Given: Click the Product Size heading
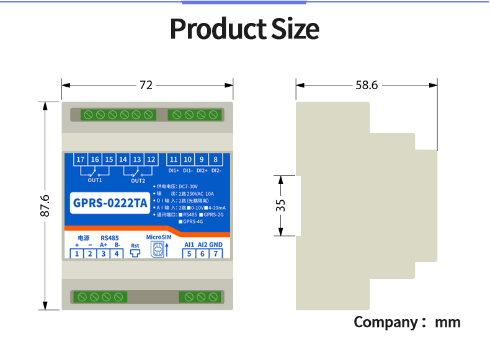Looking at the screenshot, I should pyautogui.click(x=244, y=29).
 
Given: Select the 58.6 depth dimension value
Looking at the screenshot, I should pyautogui.click(x=367, y=85).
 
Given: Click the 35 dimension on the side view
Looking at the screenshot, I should pyautogui.click(x=281, y=205).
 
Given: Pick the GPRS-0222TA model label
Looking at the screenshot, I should pyautogui.click(x=110, y=202).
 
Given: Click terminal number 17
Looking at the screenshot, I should pyautogui.click(x=80, y=159).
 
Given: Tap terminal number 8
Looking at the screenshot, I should pyautogui.click(x=216, y=159).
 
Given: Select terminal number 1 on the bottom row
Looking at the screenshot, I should pyautogui.click(x=76, y=253).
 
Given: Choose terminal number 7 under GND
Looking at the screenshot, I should pyautogui.click(x=216, y=253).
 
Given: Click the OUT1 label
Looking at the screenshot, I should pyautogui.click(x=94, y=180).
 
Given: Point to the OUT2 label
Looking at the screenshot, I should pyautogui.click(x=138, y=180).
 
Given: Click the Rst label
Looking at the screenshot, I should pyautogui.click(x=135, y=245).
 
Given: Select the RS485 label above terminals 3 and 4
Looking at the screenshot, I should pyautogui.click(x=110, y=237).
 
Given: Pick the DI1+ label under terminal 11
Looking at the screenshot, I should pyautogui.click(x=174, y=170).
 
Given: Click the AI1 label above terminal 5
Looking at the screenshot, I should pyautogui.click(x=189, y=244).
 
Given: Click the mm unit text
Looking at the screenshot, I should pyautogui.click(x=447, y=322).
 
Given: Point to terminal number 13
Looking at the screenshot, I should pyautogui.click(x=137, y=159).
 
